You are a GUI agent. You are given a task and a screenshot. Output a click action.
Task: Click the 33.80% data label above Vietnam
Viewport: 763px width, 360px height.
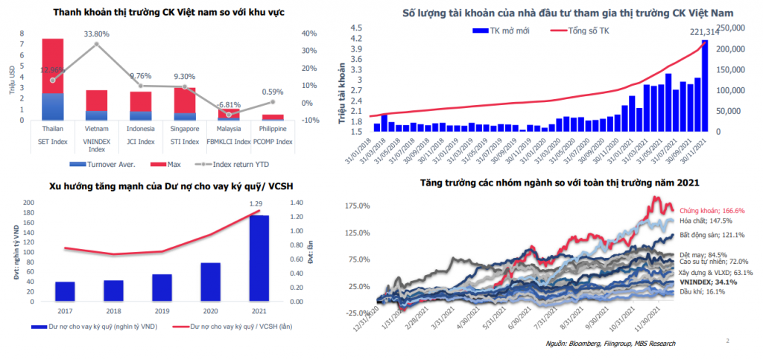96,34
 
